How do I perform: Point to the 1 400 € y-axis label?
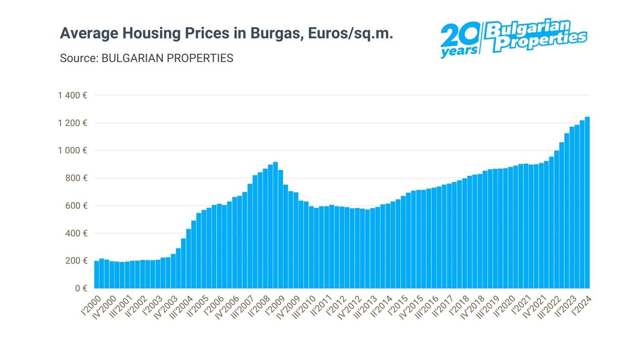[x=73, y=96]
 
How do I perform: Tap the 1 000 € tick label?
[x=73, y=151]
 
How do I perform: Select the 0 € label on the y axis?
[x=81, y=288]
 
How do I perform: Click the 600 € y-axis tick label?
[x=76, y=206]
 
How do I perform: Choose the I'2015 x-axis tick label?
[x=398, y=305]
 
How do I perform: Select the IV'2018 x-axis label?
[x=473, y=307]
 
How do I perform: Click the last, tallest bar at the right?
[x=587, y=203]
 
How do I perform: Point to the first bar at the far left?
[x=96, y=275]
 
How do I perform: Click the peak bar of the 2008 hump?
[x=276, y=225]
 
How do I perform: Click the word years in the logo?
[x=459, y=52]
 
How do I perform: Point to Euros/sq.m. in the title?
[x=350, y=33]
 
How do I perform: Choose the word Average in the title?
[x=89, y=33]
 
